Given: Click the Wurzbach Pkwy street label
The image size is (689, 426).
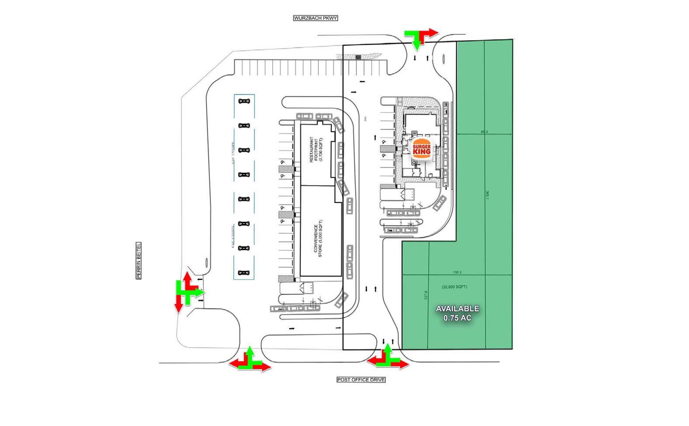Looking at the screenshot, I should click(x=315, y=18).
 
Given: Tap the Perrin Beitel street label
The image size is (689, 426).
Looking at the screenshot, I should click(x=138, y=260).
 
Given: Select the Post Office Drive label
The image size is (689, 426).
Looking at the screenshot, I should click(x=361, y=380).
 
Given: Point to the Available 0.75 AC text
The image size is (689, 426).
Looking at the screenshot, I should click(x=457, y=313).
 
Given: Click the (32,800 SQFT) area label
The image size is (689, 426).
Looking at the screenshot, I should click(x=455, y=287).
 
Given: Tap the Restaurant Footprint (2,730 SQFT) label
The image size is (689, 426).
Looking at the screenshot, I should click(x=316, y=150).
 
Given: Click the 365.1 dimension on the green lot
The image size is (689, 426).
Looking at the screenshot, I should click(x=487, y=195).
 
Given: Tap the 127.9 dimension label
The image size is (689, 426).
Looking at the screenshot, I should click(x=426, y=295).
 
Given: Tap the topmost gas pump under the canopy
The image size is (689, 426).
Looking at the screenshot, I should click(x=244, y=101).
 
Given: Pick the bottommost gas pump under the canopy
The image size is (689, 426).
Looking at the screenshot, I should click(x=244, y=273).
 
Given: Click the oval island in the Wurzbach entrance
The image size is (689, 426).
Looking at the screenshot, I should click(x=444, y=59).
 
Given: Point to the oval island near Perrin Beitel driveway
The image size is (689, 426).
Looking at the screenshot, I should click(x=207, y=263).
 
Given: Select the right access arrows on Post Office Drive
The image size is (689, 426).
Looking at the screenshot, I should click(x=388, y=358).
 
